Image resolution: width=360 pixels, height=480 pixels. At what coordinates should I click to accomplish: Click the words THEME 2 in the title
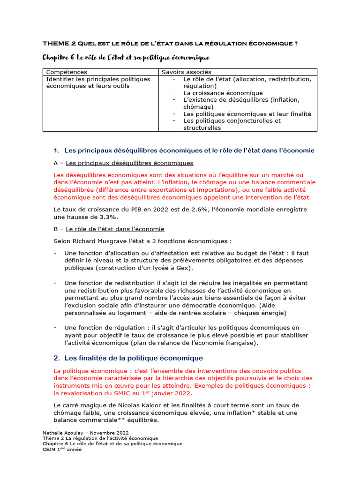[x=59, y=44]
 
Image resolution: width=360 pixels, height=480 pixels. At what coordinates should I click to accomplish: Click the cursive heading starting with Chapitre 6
[x=126, y=58]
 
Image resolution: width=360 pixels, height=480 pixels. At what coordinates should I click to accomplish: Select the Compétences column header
[x=66, y=72]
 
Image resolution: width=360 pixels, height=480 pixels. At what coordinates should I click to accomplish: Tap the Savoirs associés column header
[x=186, y=72]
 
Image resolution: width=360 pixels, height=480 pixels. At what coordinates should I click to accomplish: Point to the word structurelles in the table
[x=202, y=127]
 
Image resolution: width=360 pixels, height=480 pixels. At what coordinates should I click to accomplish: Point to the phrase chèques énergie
[x=261, y=313]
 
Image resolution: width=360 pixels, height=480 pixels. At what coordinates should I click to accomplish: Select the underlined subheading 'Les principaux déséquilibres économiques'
[x=129, y=163]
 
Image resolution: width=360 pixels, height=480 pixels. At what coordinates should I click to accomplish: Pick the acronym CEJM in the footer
[x=50, y=450]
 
